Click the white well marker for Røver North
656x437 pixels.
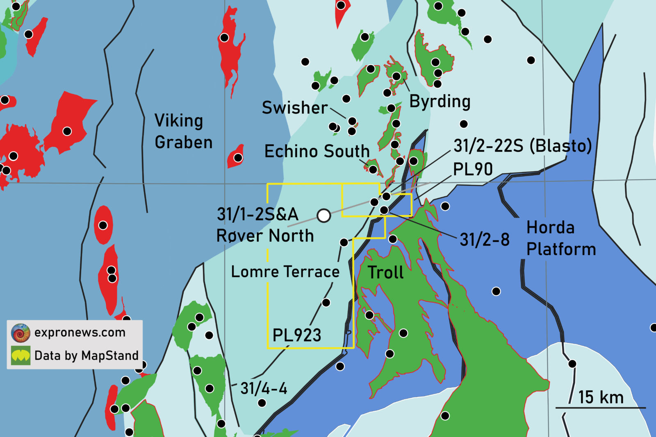click(x=324, y=215)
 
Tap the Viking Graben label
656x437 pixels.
click(x=183, y=131)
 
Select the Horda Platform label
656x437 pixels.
click(x=560, y=238)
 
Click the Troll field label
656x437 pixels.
click(x=385, y=273)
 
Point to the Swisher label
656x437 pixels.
click(x=295, y=108)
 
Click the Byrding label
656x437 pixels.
click(x=440, y=102)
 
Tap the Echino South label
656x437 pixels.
click(x=317, y=152)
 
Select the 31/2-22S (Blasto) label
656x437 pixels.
click(x=522, y=146)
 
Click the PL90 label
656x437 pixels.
click(x=473, y=169)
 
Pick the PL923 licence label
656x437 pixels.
click(x=297, y=335)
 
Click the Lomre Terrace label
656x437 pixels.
click(x=285, y=272)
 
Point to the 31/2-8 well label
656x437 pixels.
click(x=484, y=240)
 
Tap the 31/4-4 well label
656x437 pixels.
click(x=264, y=388)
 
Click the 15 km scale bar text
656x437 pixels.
click(x=601, y=397)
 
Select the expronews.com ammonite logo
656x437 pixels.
click(x=20, y=333)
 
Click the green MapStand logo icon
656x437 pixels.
click(x=20, y=355)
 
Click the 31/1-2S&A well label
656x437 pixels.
click(x=257, y=214)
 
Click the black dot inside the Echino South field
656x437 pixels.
click(x=373, y=169)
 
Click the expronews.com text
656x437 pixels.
click(x=80, y=332)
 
